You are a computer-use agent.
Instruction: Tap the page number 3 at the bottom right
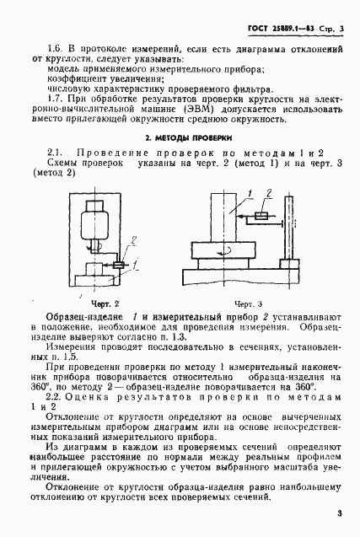pyautogui.click(x=337, y=513)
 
